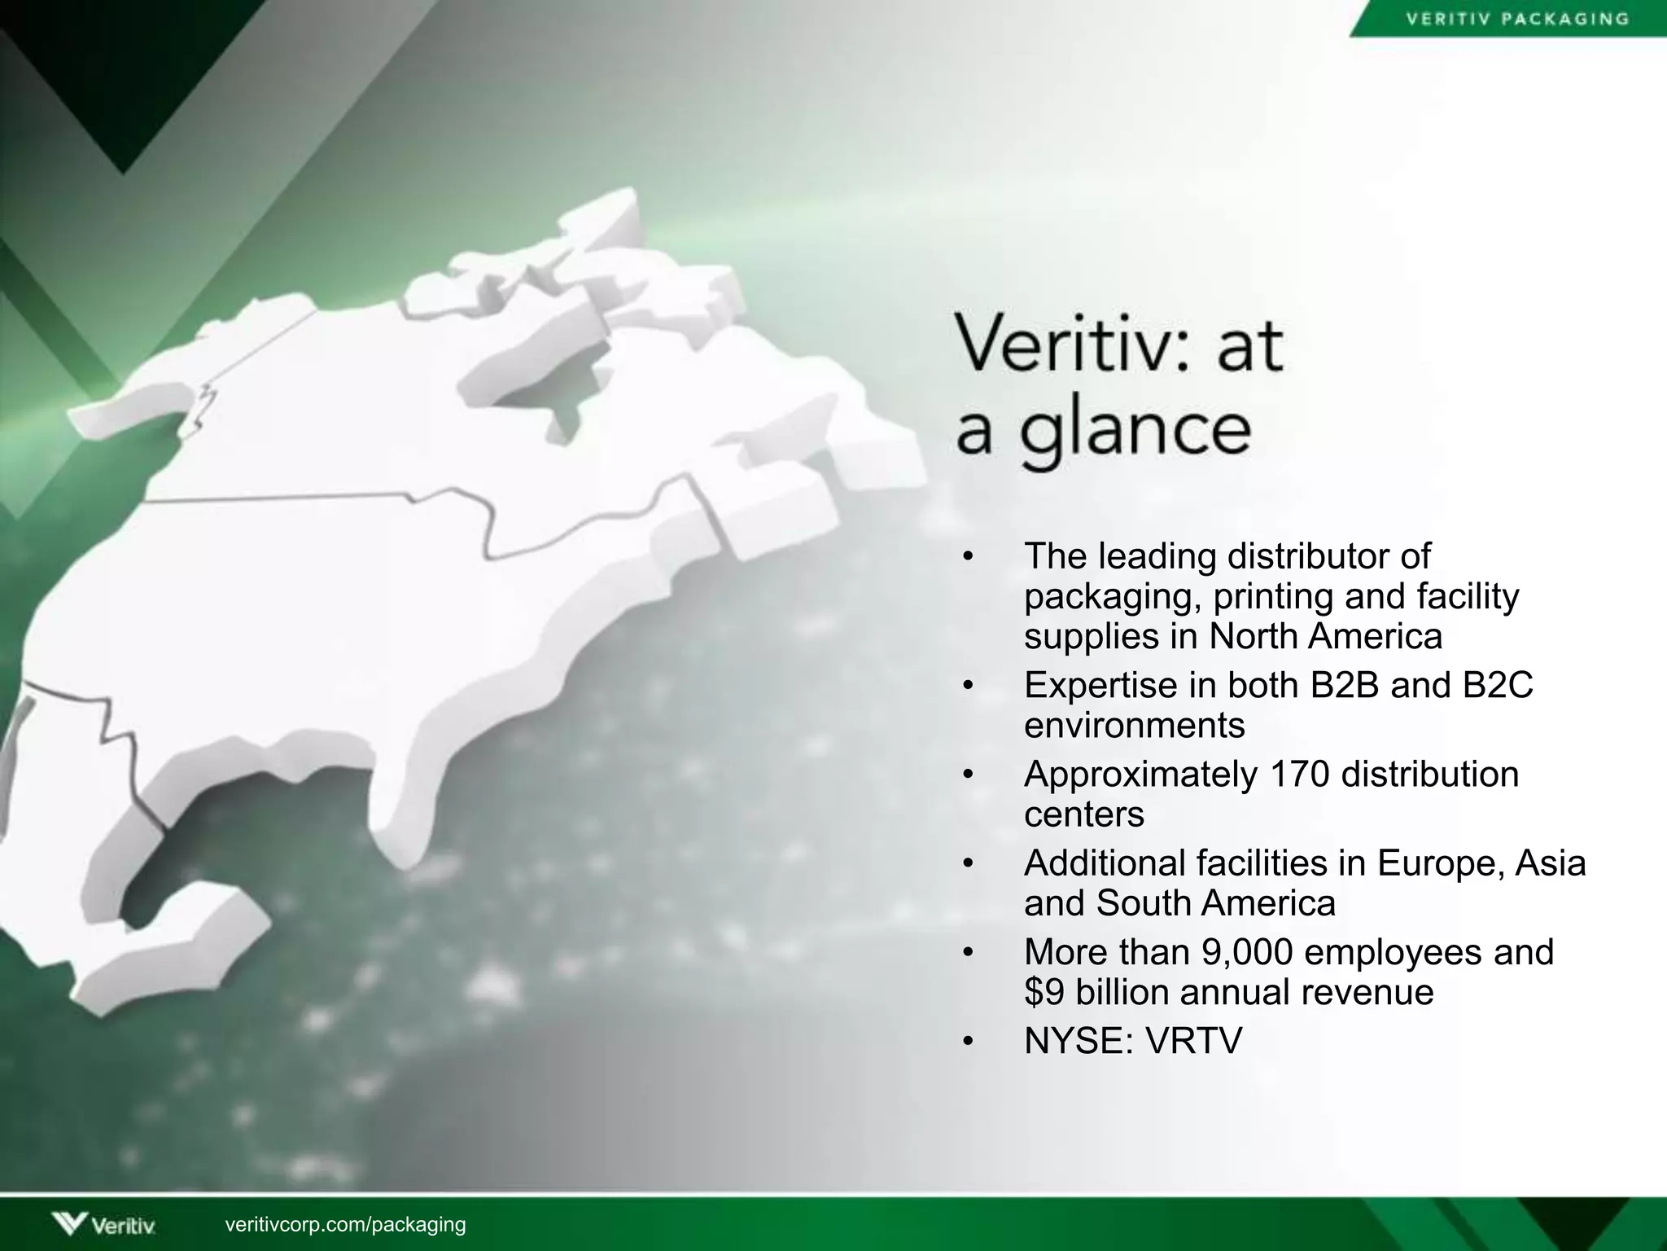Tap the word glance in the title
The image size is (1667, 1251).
[x=1135, y=432]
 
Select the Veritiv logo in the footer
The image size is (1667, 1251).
[x=103, y=1224]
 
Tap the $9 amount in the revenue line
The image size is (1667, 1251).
[x=1044, y=992]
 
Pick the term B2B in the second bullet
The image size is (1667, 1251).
[x=1344, y=685]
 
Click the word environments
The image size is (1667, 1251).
[x=1134, y=725]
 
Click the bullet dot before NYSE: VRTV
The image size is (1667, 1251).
[x=967, y=1042]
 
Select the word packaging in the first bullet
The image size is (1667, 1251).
[x=1112, y=598]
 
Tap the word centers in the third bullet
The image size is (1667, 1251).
[x=1083, y=814]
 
